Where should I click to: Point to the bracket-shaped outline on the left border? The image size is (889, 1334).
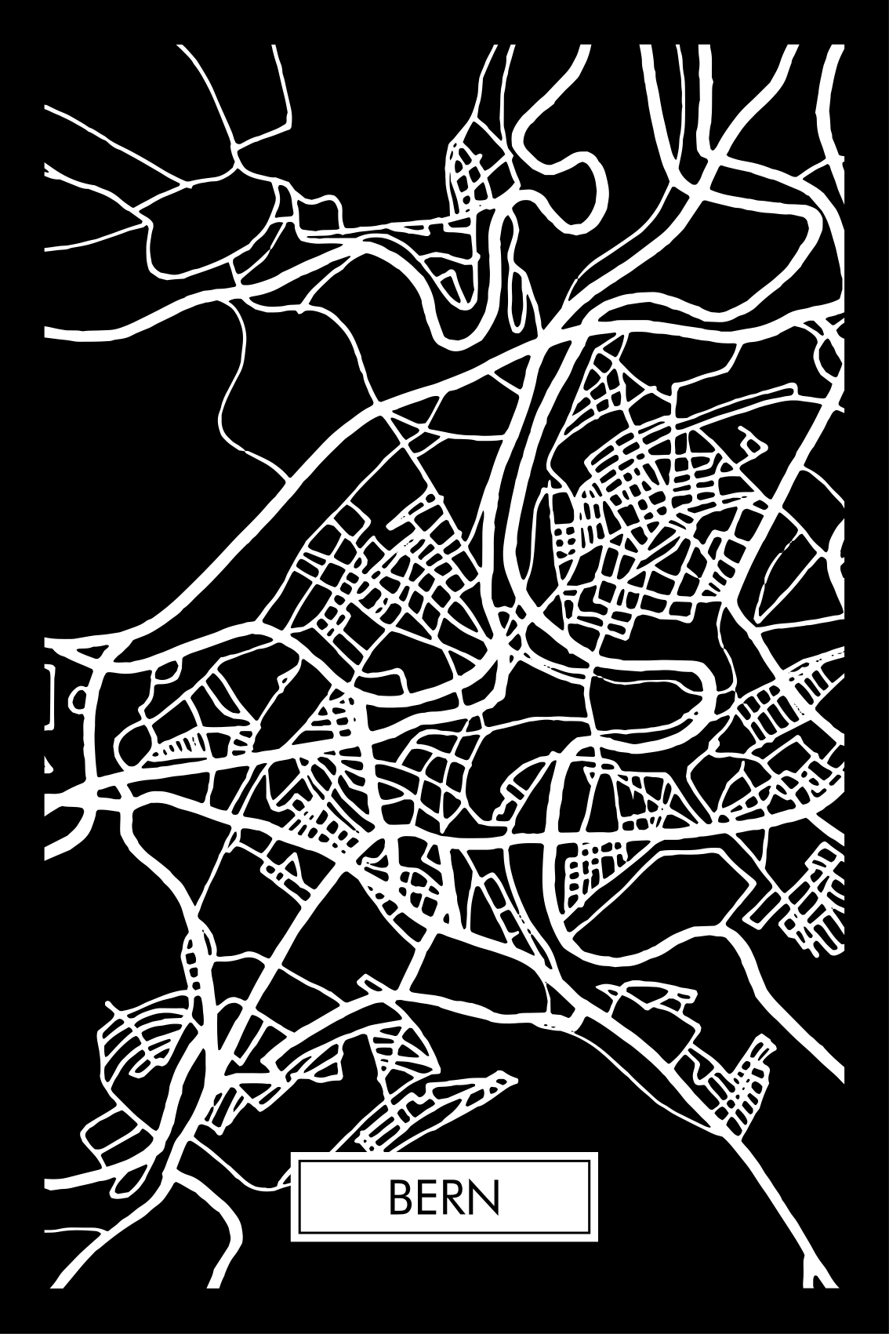(49, 693)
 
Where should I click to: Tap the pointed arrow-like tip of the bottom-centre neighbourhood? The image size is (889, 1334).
(513, 1080)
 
